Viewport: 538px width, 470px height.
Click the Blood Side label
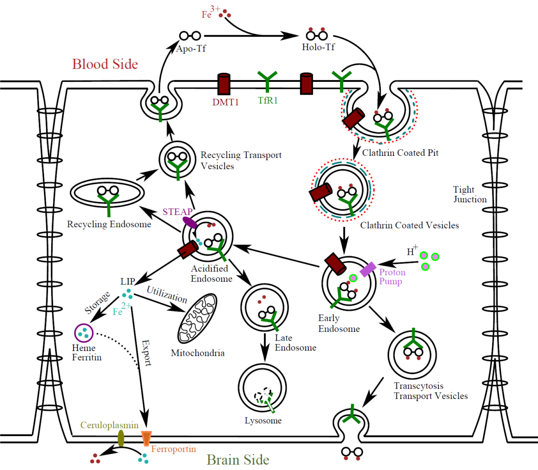tap(105, 64)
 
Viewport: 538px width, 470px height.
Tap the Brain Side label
tap(238, 460)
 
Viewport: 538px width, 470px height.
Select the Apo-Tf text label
tap(191, 48)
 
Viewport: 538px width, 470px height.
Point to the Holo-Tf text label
tap(318, 47)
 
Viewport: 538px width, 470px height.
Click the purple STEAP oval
tap(190, 223)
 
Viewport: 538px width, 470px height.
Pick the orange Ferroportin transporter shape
tap(146, 438)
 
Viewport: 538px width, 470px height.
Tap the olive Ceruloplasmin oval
tap(121, 438)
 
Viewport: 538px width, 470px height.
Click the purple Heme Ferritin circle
tap(83, 333)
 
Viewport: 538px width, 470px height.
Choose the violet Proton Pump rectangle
tap(368, 269)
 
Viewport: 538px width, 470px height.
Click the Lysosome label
tap(263, 421)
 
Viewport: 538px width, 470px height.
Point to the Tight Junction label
tap(470, 194)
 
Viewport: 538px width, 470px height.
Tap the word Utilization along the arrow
tap(167, 294)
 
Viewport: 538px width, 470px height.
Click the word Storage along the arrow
tap(97, 303)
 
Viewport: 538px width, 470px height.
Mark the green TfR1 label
tap(268, 101)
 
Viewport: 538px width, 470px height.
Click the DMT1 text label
tap(226, 102)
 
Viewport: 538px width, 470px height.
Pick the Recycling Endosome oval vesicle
tap(107, 193)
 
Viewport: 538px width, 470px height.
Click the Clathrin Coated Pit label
tap(400, 153)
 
